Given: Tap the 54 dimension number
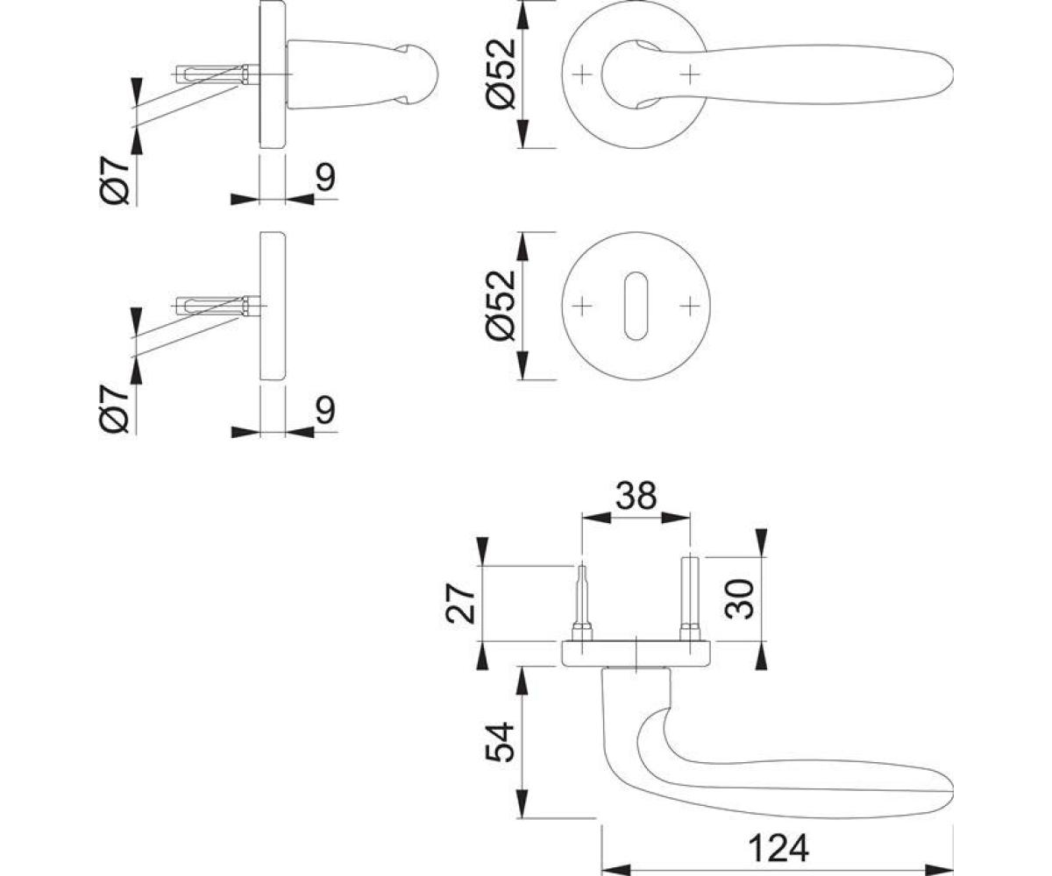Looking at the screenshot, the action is pos(500,743).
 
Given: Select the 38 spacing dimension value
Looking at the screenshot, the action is pos(636,495).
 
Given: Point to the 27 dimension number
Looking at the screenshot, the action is pos(461,604).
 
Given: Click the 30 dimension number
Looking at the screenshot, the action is pos(739,598).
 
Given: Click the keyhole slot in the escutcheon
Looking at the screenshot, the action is pos(636,306).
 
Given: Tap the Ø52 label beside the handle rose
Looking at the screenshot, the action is pos(501,74).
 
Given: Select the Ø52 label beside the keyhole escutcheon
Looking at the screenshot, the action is pos(501,306).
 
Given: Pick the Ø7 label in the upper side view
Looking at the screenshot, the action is pos(115,180).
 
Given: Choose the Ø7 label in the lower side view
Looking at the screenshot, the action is pos(115,408).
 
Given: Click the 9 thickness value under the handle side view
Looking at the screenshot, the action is pos(325,178).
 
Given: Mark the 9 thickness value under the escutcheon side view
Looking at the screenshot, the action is pos(325,409).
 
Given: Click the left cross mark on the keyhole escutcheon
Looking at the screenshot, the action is pos(582,306).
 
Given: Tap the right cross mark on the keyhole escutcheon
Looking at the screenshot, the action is pos(689,306).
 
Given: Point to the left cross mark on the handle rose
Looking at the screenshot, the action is pos(582,74).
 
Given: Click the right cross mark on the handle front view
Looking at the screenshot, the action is pos(689,74).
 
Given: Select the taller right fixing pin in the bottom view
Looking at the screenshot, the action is pos(689,599).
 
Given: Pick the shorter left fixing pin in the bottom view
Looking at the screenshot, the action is pos(582,604).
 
